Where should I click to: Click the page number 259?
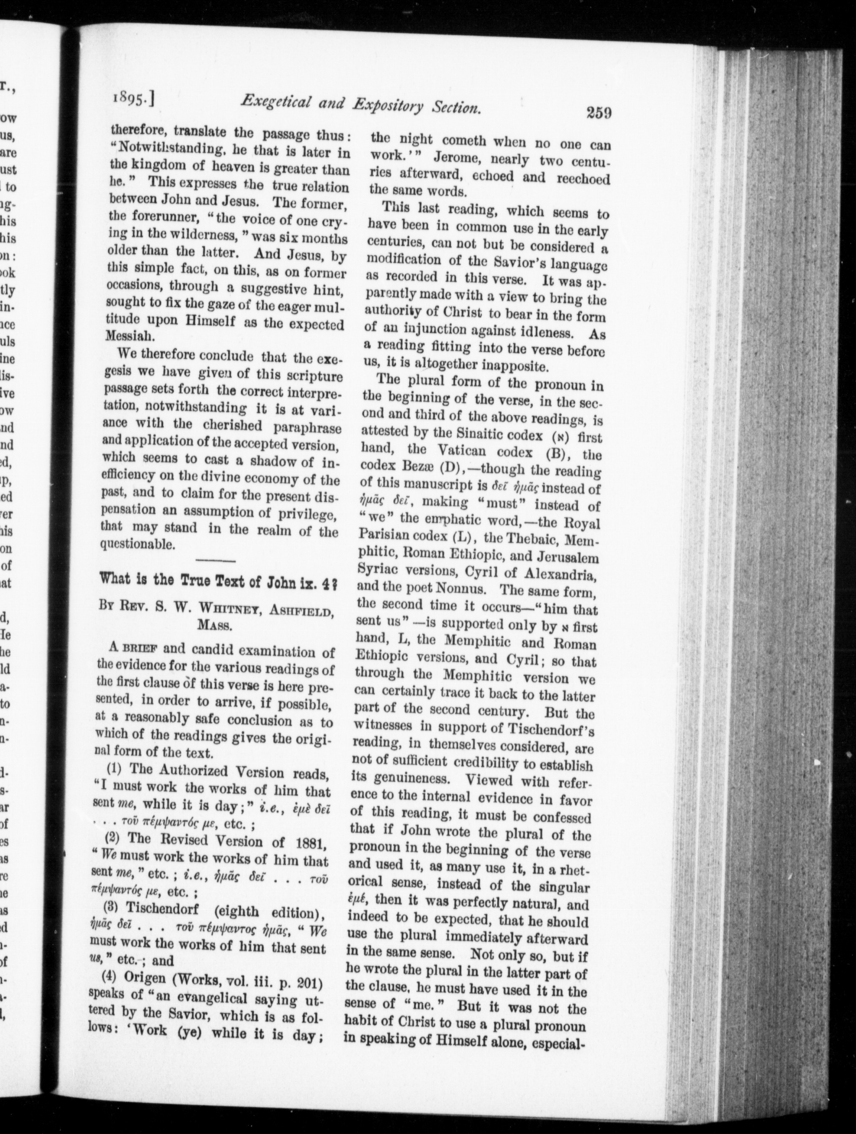597,113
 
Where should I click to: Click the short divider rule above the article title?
215,560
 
